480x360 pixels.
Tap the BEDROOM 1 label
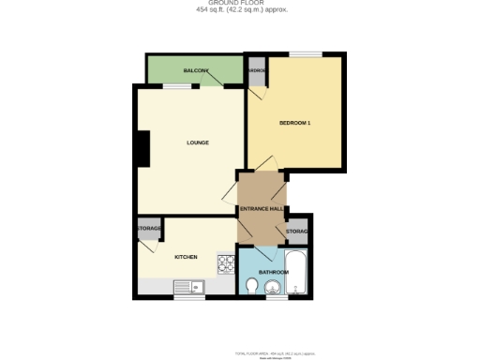click(x=294, y=124)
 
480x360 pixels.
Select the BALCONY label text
click(x=196, y=71)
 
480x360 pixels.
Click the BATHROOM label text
click(x=273, y=273)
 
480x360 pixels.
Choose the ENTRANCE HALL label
click(x=262, y=208)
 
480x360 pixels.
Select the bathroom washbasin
click(x=274, y=288)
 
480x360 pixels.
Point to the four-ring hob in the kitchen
click(x=225, y=264)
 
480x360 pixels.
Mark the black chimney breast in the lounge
click(x=142, y=147)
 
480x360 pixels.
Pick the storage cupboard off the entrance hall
click(x=297, y=231)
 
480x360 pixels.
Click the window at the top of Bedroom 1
click(x=301, y=54)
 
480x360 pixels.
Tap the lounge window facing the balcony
click(x=176, y=86)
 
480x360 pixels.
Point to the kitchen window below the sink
click(x=188, y=298)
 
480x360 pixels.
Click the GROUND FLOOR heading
click(x=241, y=4)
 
